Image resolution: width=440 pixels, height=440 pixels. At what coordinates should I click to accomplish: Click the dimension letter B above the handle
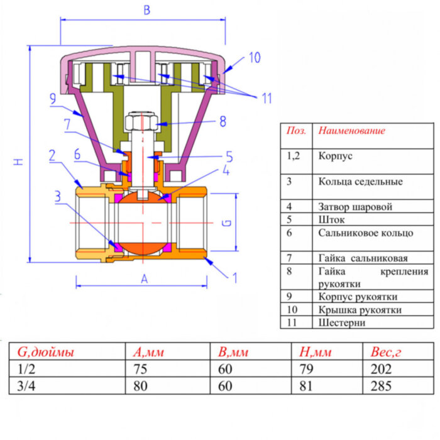click(x=147, y=10)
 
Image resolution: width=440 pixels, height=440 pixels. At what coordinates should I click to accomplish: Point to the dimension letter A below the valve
click(x=143, y=279)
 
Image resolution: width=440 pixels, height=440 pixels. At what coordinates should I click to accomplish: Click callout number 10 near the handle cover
click(x=253, y=58)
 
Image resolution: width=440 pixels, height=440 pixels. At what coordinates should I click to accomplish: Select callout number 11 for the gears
click(x=267, y=98)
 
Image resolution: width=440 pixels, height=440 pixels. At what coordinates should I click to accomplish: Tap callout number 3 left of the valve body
click(x=57, y=196)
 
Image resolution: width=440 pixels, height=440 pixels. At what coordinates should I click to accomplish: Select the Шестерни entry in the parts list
click(x=341, y=322)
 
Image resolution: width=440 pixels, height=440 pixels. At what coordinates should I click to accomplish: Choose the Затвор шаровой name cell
click(x=355, y=206)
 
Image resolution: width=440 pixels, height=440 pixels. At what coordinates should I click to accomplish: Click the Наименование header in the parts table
click(x=351, y=131)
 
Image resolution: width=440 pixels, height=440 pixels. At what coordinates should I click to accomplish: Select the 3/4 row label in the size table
click(x=23, y=386)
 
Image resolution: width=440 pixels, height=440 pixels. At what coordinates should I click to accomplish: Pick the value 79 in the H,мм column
click(x=306, y=369)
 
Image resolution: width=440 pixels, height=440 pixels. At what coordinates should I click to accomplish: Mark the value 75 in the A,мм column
click(x=140, y=369)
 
